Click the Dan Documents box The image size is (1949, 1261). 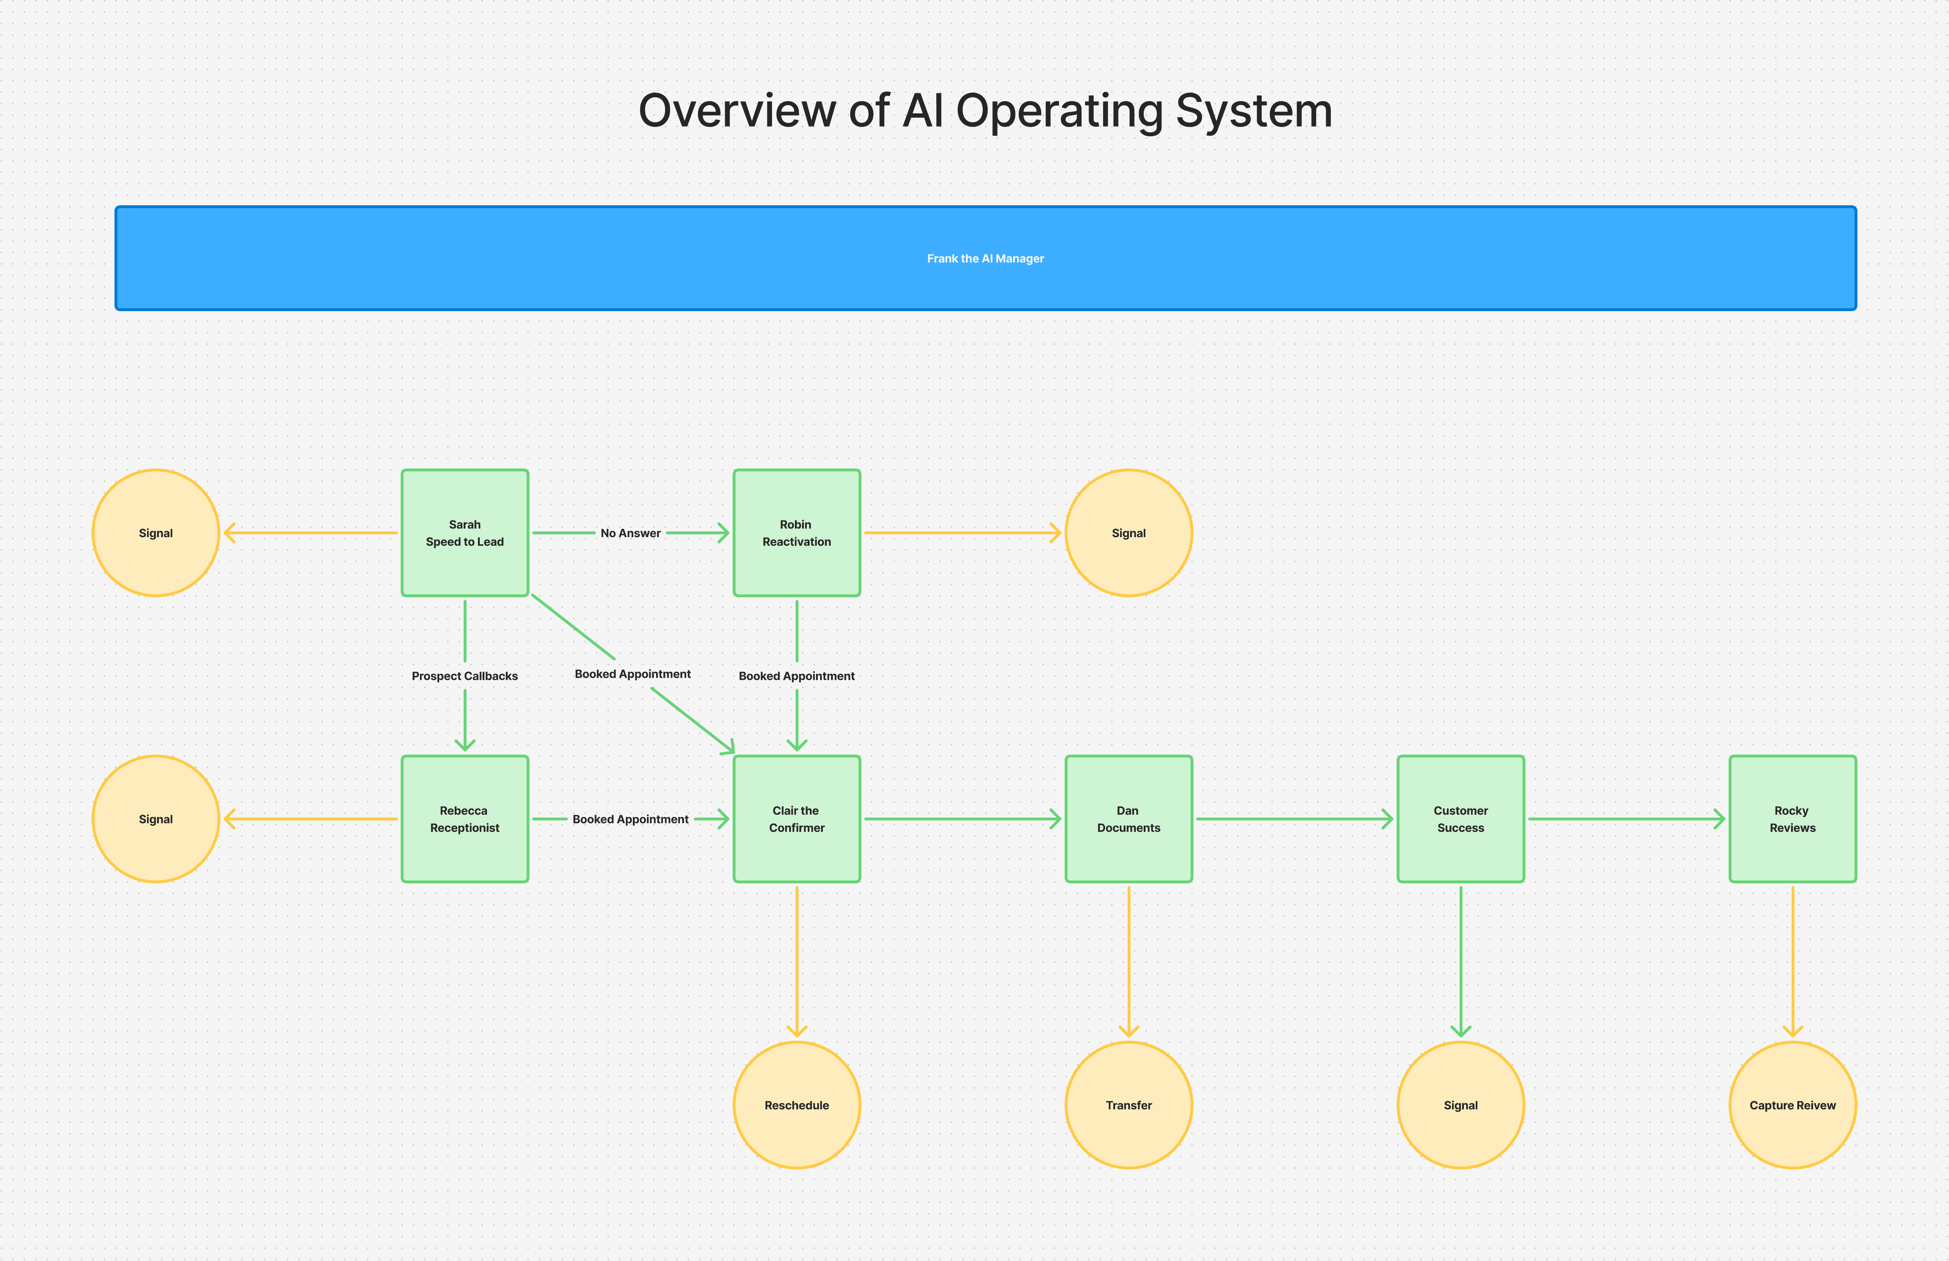(x=1128, y=819)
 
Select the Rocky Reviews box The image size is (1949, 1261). (x=1793, y=819)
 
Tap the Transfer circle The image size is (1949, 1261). (x=1128, y=1105)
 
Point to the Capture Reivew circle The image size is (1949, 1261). (x=1793, y=1105)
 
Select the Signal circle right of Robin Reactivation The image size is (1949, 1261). (x=1128, y=532)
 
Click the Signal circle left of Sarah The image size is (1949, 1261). (x=156, y=532)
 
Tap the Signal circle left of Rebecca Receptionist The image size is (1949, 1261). (x=156, y=819)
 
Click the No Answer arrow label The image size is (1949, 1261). (x=631, y=533)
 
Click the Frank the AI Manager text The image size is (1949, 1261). (x=985, y=258)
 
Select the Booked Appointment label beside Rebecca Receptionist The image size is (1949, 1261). (x=631, y=819)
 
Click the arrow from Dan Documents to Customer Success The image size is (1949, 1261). (x=1294, y=819)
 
